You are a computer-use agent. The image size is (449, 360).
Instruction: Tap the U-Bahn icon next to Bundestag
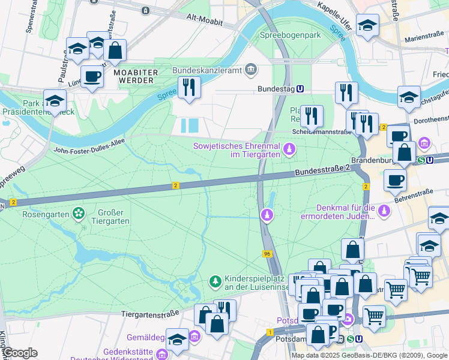pyautogui.click(x=300, y=88)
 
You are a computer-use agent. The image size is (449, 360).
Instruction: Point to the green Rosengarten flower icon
pyautogui.click(x=78, y=213)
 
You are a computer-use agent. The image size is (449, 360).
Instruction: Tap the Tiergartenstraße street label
pyautogui.click(x=150, y=314)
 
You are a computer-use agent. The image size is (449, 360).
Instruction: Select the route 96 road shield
pyautogui.click(x=267, y=254)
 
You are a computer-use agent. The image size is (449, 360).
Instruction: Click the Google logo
pyautogui.click(x=20, y=353)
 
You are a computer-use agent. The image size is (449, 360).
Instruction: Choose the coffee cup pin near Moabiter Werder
pyautogui.click(x=92, y=77)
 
